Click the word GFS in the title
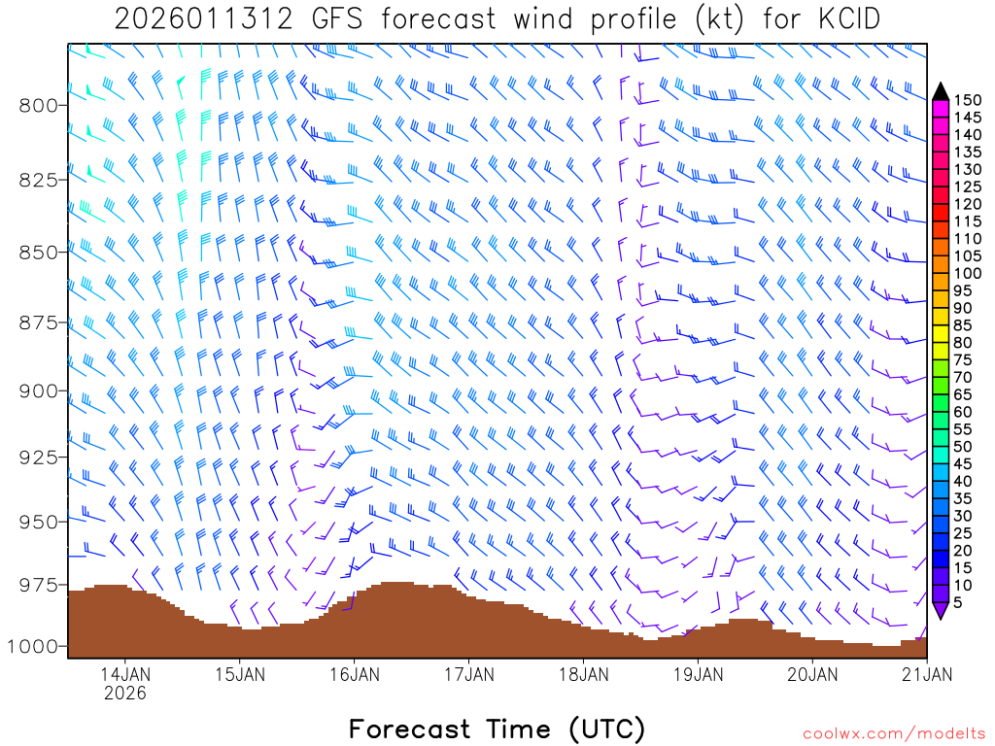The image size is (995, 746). pyautogui.click(x=339, y=19)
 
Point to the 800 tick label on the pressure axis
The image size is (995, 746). pyautogui.click(x=40, y=105)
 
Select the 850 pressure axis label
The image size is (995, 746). pyautogui.click(x=40, y=252)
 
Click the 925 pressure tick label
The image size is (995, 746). pyautogui.click(x=40, y=456)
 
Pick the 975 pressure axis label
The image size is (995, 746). pyautogui.click(x=40, y=585)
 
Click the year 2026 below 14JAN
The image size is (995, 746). pyautogui.click(x=124, y=694)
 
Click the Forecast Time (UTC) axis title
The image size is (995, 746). pyautogui.click(x=497, y=729)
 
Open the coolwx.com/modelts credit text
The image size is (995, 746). pyautogui.click(x=894, y=733)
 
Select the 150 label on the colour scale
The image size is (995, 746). pyautogui.click(x=968, y=100)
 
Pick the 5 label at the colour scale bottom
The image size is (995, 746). pyautogui.click(x=958, y=603)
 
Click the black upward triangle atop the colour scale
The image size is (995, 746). pyautogui.click(x=941, y=91)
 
